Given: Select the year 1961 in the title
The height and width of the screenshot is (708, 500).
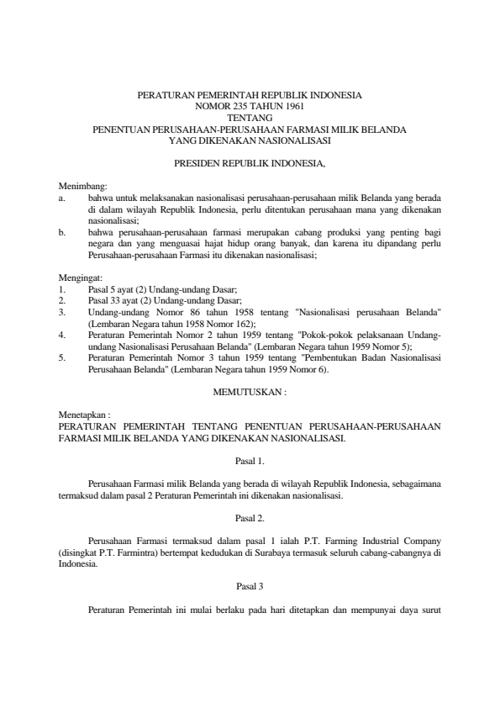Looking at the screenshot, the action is pyautogui.click(x=290, y=108).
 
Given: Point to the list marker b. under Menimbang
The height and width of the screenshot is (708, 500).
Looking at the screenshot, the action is pyautogui.click(x=62, y=229).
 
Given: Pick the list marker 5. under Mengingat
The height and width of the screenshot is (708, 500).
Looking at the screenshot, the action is pyautogui.click(x=62, y=357).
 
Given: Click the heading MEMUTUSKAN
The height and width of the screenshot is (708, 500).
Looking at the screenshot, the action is pyautogui.click(x=250, y=392).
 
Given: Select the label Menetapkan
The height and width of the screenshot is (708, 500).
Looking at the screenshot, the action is pyautogui.click(x=82, y=415).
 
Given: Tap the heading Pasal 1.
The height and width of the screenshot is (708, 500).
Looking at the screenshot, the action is pyautogui.click(x=249, y=461).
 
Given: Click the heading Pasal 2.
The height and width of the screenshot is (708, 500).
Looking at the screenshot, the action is pyautogui.click(x=249, y=518).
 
